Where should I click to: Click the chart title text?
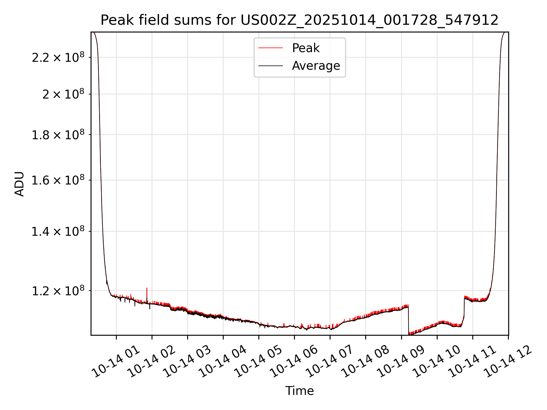(x=299, y=20)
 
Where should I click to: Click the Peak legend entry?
(x=306, y=48)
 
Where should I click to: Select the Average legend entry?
(x=316, y=66)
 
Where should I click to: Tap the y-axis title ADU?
(x=19, y=184)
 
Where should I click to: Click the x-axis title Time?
(x=299, y=391)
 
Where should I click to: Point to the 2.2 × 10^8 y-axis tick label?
(x=58, y=58)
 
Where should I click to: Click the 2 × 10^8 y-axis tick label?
(x=63, y=94)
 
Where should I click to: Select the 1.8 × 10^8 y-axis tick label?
(x=58, y=135)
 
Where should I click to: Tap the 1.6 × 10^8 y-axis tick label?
(x=58, y=180)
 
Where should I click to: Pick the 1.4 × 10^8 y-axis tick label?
(x=58, y=231)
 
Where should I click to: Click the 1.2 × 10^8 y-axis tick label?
(x=58, y=291)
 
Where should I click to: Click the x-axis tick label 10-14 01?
(x=116, y=362)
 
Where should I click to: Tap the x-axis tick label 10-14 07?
(x=330, y=362)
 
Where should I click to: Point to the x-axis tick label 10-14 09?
(x=401, y=362)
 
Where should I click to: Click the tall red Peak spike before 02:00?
(x=147, y=292)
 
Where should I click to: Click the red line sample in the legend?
(x=270, y=48)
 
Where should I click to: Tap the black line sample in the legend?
(x=270, y=66)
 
